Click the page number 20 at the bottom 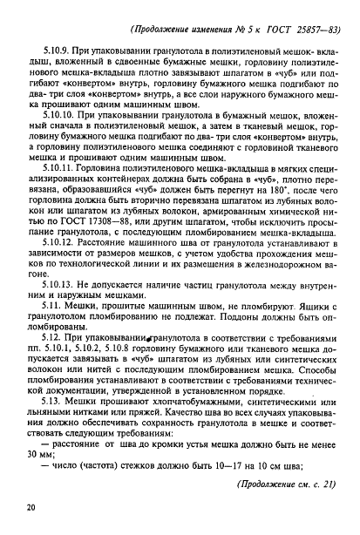31,506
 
